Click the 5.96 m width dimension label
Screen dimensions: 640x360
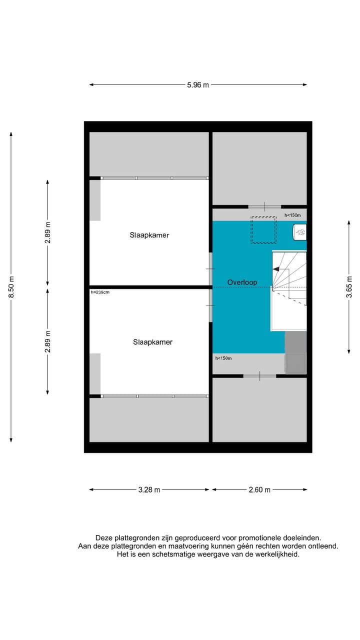(198, 85)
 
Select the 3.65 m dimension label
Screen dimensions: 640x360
(349, 287)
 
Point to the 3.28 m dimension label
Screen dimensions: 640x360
(149, 490)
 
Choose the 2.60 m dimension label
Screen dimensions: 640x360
(259, 490)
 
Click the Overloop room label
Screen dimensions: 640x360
(242, 282)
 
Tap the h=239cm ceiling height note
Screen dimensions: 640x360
(100, 292)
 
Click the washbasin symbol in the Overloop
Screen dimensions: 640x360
(300, 231)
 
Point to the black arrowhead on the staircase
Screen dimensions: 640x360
(275, 269)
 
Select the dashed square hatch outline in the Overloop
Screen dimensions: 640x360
(263, 229)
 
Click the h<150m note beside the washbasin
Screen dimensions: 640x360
(292, 215)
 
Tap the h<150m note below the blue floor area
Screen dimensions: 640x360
(223, 358)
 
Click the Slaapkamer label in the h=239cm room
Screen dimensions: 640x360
(152, 342)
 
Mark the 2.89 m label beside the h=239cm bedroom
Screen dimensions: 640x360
(47, 341)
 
